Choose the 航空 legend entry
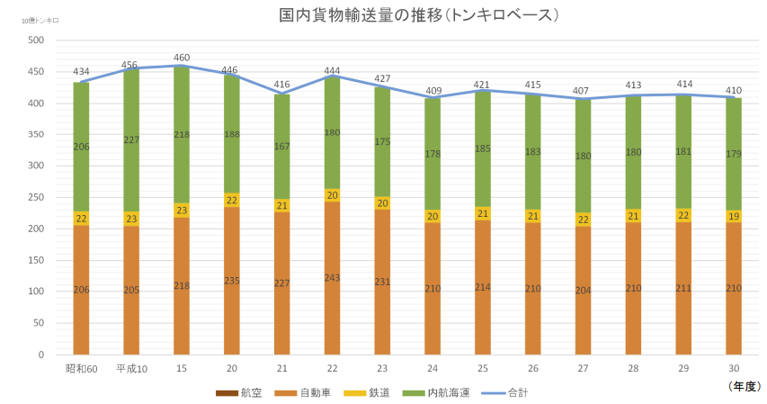pyautogui.click(x=239, y=393)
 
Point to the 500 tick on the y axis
pyautogui.click(x=36, y=40)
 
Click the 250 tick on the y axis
pyautogui.click(x=36, y=197)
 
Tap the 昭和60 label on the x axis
pyautogui.click(x=81, y=368)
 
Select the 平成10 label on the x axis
pyautogui.click(x=131, y=368)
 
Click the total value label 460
pyautogui.click(x=182, y=58)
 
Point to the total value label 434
pyautogui.click(x=81, y=72)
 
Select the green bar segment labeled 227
pyautogui.click(x=131, y=140)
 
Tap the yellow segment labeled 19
pyautogui.click(x=734, y=217)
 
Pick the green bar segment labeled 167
pyautogui.click(x=282, y=147)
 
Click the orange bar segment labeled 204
pyautogui.click(x=584, y=291)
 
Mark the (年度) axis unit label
pyautogui.click(x=745, y=385)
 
